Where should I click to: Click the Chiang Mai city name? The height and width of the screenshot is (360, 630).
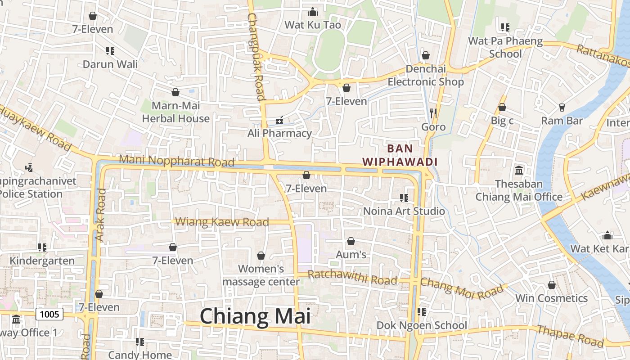pos(255,316)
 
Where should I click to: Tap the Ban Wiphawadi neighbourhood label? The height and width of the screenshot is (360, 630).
pos(400,155)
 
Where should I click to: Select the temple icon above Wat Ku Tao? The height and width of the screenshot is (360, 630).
pos(313,12)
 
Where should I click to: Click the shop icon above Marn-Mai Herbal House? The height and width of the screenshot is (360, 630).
pos(175,92)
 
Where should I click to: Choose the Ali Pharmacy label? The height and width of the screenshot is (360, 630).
pos(279,133)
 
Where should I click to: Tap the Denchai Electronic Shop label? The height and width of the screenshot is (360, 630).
pos(426,76)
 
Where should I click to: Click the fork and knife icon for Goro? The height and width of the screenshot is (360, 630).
pos(433,113)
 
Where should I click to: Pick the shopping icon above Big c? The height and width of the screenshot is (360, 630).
pos(502,107)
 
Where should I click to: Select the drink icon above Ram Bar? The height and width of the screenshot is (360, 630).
pos(562,107)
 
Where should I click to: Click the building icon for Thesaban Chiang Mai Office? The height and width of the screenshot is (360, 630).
pos(519,171)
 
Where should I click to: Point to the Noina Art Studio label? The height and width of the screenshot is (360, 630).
pos(404,211)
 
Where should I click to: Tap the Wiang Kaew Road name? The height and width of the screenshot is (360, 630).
pos(222,222)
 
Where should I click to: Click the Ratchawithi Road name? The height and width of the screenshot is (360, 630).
pos(352,278)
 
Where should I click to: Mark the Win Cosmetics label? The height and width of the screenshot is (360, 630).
pos(551,298)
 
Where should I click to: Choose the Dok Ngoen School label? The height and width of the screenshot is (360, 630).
pos(421,325)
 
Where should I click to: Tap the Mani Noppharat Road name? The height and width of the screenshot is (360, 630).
pos(176,161)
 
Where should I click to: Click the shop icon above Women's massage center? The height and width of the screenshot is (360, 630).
pos(261,256)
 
